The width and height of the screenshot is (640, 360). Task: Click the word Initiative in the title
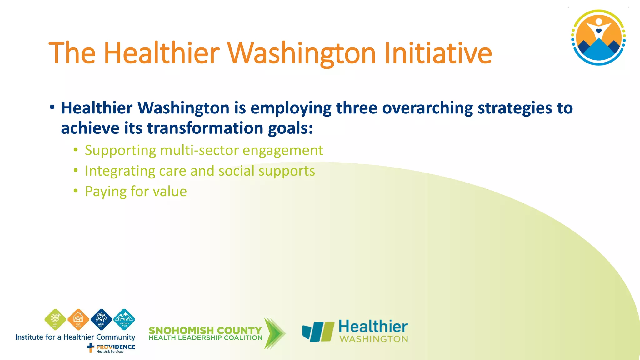click(438, 53)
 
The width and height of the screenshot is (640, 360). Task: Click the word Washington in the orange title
click(302, 53)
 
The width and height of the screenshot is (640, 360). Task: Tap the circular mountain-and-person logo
click(598, 37)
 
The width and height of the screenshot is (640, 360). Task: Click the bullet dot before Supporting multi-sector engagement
click(76, 150)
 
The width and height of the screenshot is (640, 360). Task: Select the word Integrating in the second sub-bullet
click(119, 171)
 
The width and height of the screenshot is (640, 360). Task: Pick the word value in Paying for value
click(170, 192)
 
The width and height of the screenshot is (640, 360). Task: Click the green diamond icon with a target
click(55, 319)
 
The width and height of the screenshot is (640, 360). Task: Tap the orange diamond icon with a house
click(78, 319)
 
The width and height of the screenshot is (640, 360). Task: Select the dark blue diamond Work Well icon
click(101, 319)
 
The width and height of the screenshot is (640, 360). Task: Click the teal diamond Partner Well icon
click(124, 319)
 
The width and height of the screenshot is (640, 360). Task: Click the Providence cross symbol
click(91, 347)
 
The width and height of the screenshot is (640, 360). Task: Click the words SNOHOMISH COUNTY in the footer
click(205, 330)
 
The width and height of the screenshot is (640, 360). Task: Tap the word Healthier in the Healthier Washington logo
click(373, 327)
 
